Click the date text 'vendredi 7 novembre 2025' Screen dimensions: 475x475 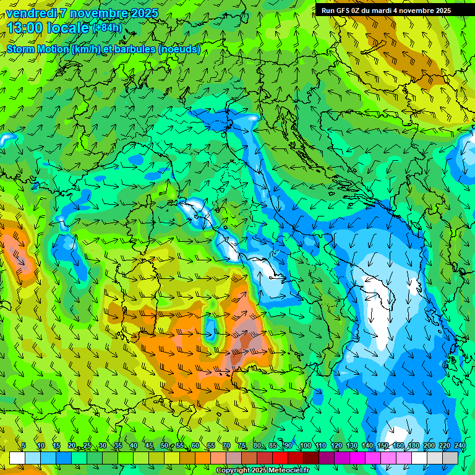coord(82,12)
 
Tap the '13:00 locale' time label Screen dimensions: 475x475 coord(48,28)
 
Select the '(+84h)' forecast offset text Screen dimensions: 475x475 coord(107,28)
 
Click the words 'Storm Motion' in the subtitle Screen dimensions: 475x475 coord(38,49)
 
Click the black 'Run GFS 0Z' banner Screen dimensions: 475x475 coord(394,11)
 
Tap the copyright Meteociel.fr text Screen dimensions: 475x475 coord(262,470)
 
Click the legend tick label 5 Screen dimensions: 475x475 coord(24,446)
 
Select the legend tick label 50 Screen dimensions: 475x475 coord(164,446)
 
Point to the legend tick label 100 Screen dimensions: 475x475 coord(305,446)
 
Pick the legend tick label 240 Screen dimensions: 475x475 coord(460,446)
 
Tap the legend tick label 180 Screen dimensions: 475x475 coord(413,446)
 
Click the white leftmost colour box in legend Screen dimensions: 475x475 coord(17,458)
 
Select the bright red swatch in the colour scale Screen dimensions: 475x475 coord(280,458)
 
